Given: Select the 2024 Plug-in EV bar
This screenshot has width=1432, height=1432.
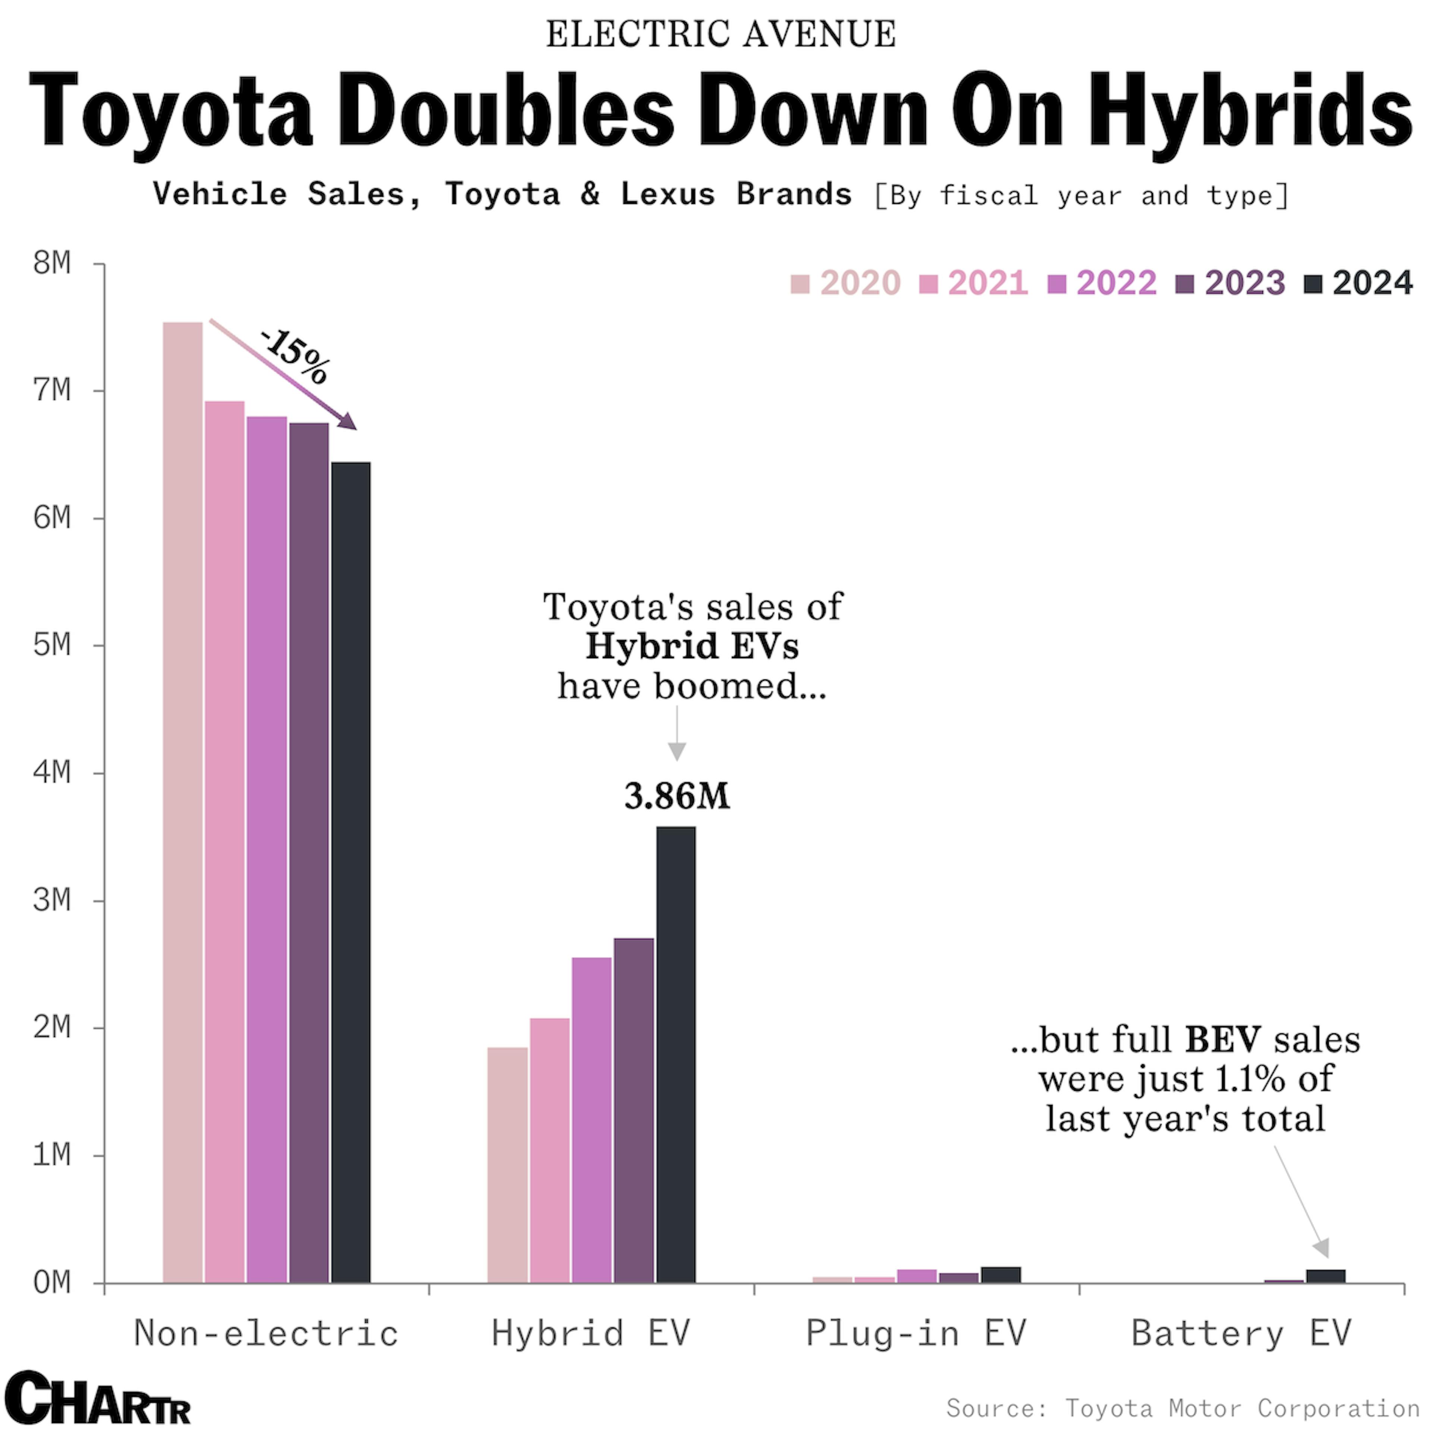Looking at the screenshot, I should click(1001, 1275).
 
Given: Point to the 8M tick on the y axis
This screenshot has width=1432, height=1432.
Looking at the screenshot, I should click(52, 263).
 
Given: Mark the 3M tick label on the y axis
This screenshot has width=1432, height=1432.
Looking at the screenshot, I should click(52, 900).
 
